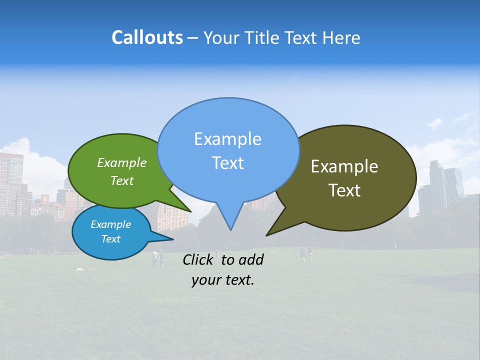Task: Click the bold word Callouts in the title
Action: (x=147, y=37)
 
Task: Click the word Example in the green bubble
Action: (x=121, y=162)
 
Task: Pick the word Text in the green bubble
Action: (x=121, y=180)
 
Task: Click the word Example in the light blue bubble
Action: (x=227, y=139)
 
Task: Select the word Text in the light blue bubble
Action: (x=227, y=163)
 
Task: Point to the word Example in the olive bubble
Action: (x=344, y=166)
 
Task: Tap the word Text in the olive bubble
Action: (x=344, y=190)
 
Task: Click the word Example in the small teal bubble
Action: (x=110, y=224)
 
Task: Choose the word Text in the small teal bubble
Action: (x=110, y=239)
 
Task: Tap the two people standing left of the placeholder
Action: (x=158, y=258)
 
